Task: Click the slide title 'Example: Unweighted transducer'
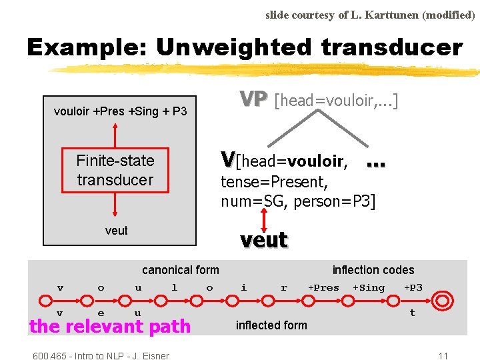click(x=244, y=47)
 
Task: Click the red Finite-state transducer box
click(x=115, y=170)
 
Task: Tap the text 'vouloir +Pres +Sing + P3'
click(x=120, y=111)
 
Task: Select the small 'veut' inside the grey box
click(x=117, y=231)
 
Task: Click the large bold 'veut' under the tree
click(x=264, y=240)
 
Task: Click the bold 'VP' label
click(x=253, y=99)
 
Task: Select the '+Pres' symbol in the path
click(x=323, y=288)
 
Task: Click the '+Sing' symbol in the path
click(x=369, y=288)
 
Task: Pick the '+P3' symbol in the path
click(x=413, y=288)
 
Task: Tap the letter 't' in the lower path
click(x=412, y=313)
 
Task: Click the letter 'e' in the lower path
click(x=101, y=313)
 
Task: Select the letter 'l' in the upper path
click(x=175, y=288)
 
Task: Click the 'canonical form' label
click(x=180, y=270)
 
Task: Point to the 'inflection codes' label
click(x=373, y=270)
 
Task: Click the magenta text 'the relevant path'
click(x=110, y=327)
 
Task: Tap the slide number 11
click(x=443, y=355)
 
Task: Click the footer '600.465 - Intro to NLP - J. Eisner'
click(x=101, y=355)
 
